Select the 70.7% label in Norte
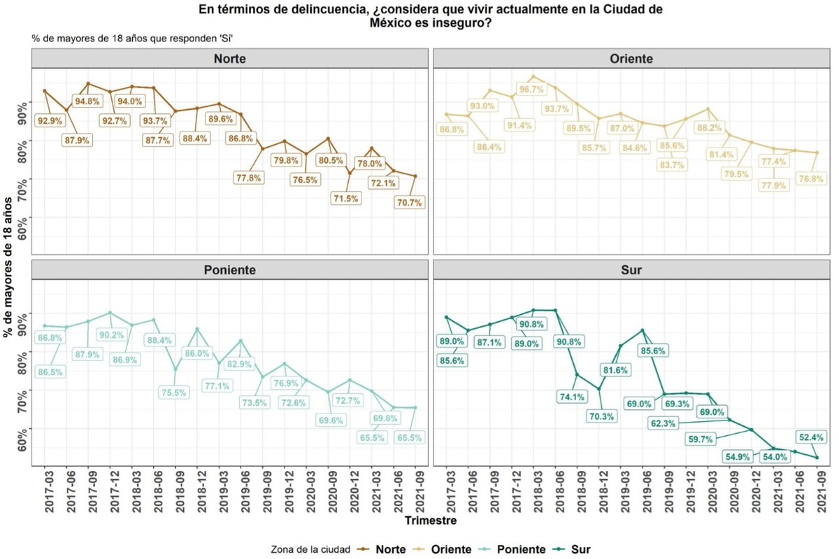click(409, 202)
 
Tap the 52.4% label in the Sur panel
click(810, 437)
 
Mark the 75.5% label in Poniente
click(174, 392)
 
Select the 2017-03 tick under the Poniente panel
click(45, 493)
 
